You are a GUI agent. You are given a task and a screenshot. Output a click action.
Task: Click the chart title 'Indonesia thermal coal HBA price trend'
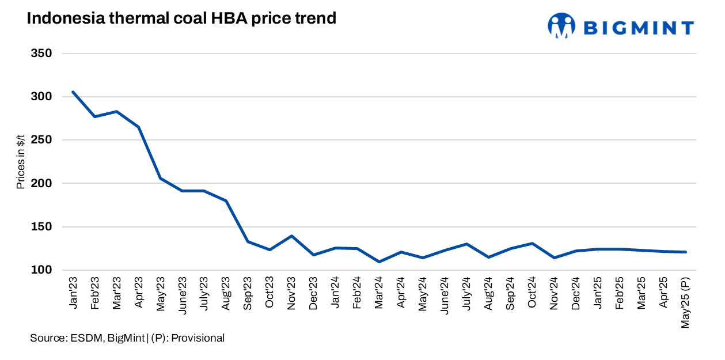tap(181, 18)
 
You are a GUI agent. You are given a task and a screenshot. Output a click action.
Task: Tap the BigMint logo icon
tap(561, 26)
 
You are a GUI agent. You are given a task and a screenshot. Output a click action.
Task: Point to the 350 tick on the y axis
tap(41, 54)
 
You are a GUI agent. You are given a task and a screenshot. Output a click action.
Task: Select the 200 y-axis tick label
tap(41, 184)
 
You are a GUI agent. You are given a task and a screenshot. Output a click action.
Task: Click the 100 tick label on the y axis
tap(41, 270)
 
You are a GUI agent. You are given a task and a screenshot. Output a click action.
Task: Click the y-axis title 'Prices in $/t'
tap(21, 162)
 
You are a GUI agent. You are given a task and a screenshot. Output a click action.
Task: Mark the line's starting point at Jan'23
tap(73, 92)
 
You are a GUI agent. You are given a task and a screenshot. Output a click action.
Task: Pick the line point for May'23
tap(160, 179)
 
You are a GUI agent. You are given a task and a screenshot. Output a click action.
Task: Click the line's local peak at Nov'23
tap(291, 236)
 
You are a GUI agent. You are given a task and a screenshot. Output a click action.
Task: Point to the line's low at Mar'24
tap(379, 262)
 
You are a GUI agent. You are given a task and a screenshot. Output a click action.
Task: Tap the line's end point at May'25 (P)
tap(686, 252)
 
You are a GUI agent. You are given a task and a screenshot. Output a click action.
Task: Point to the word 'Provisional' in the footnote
tap(199, 338)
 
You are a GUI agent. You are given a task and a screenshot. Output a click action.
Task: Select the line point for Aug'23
tap(226, 200)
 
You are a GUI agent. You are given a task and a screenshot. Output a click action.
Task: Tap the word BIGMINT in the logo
tap(638, 27)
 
